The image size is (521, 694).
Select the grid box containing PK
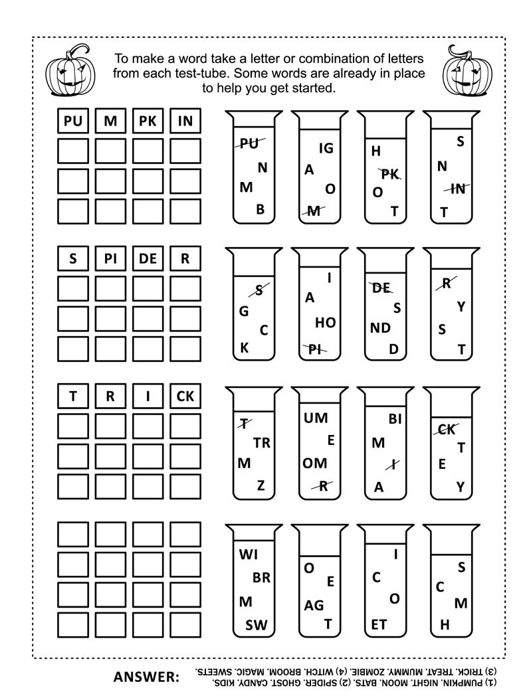pos(148,121)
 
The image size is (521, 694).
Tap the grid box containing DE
pos(148,259)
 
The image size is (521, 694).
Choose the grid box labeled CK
pos(185,396)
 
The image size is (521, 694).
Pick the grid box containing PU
pos(72,121)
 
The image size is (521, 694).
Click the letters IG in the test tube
pos(326,148)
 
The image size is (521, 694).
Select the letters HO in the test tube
pos(325,323)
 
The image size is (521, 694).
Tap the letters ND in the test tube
pos(381,327)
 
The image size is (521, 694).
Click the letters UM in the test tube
pos(316,418)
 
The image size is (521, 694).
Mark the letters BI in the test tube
pos(395,418)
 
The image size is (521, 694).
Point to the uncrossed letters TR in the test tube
pos(262,443)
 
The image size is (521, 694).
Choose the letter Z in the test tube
pos(261,485)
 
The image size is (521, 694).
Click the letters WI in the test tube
pos(248,554)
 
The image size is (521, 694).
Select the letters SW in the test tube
pos(257,624)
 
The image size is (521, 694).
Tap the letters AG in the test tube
pos(314,605)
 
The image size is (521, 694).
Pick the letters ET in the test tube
pos(379,624)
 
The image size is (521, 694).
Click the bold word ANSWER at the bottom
pos(147,677)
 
